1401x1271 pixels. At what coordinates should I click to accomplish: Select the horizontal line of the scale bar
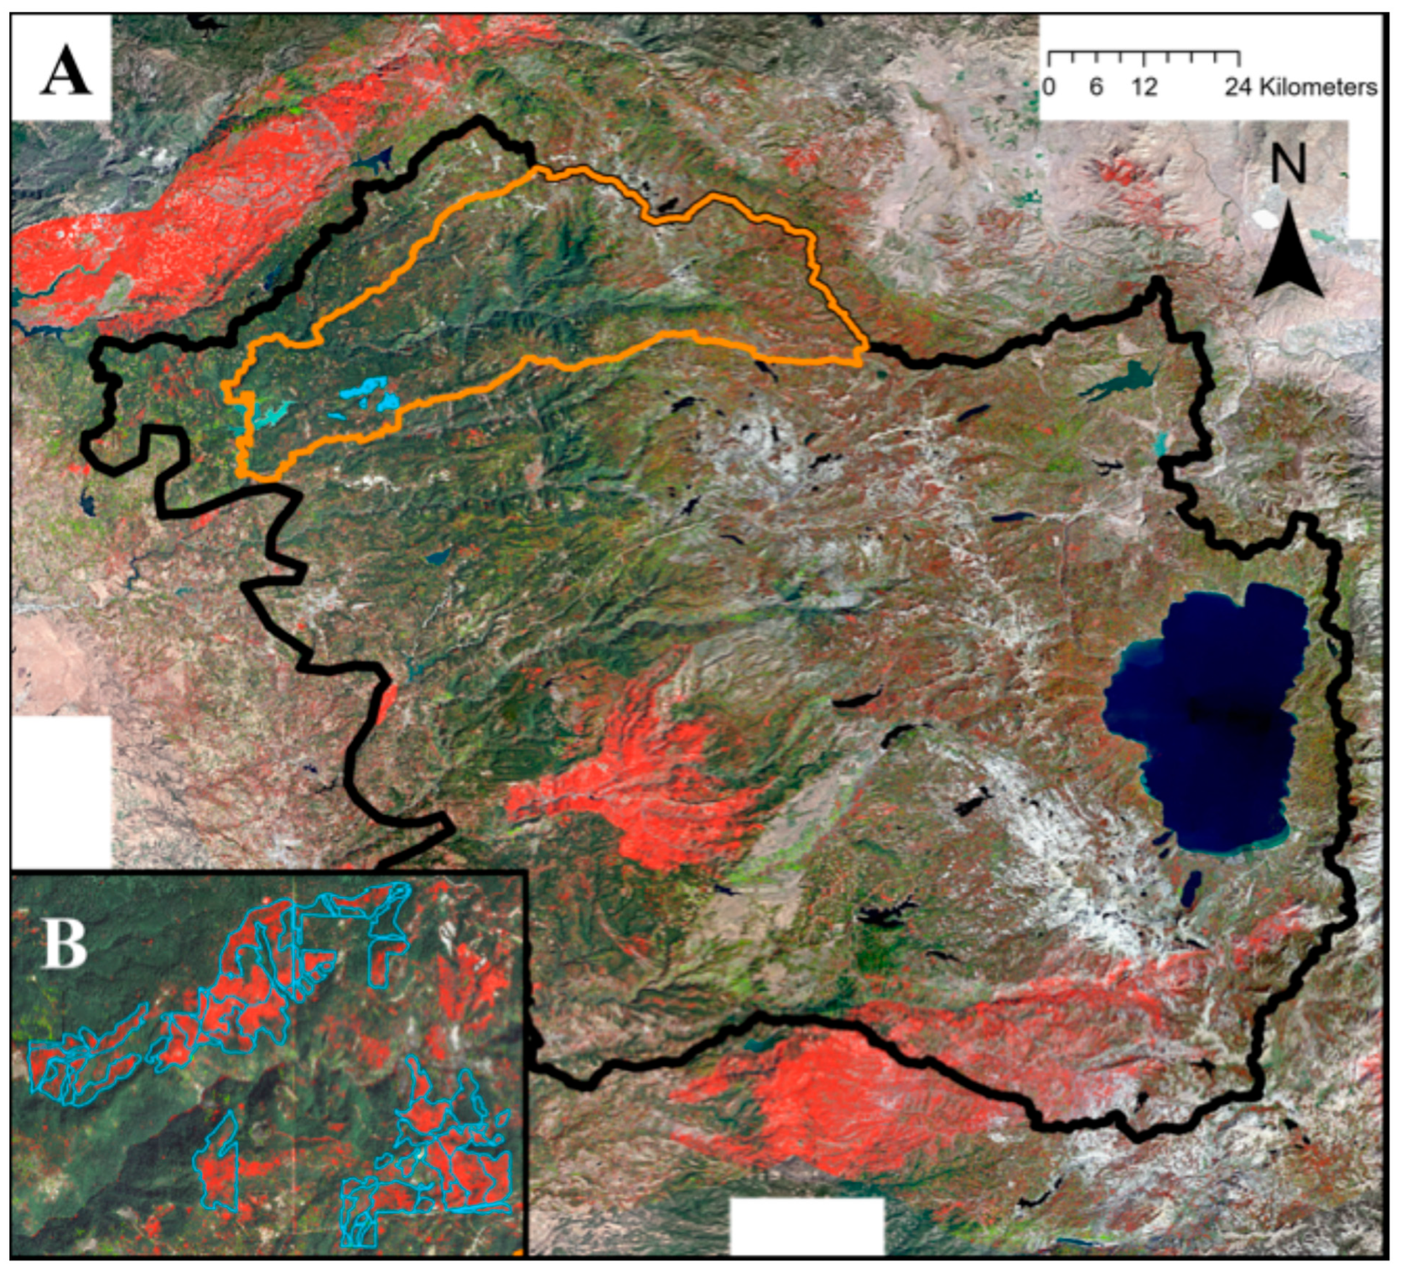tap(1144, 52)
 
